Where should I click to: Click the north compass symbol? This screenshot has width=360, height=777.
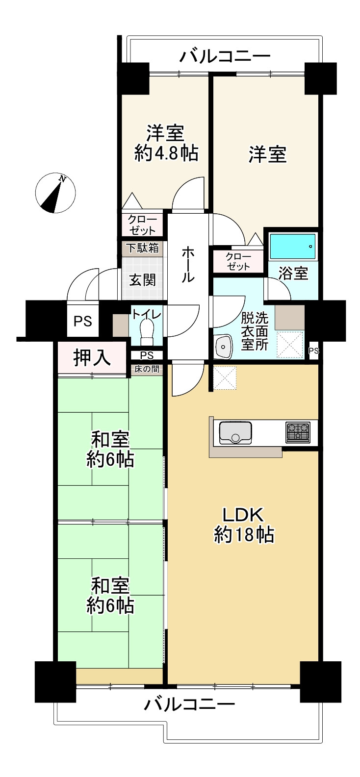click(x=55, y=193)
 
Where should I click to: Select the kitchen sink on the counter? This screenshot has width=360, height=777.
click(x=235, y=432)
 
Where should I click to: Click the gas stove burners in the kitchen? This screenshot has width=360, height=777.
click(x=298, y=432)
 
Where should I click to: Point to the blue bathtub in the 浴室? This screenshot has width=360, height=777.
click(x=293, y=246)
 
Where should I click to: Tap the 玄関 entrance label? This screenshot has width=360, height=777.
click(x=143, y=280)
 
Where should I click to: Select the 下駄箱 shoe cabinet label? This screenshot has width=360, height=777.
click(x=142, y=248)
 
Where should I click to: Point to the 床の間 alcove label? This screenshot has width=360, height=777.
click(x=147, y=369)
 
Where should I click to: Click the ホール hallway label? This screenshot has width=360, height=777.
click(x=187, y=264)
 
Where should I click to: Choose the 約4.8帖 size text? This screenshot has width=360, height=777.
click(x=166, y=153)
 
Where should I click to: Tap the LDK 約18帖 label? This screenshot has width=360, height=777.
click(x=244, y=525)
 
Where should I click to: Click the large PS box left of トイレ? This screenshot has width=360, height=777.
click(x=82, y=321)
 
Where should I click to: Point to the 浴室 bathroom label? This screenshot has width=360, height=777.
click(x=293, y=274)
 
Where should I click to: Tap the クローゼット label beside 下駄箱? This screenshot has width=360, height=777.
click(x=142, y=225)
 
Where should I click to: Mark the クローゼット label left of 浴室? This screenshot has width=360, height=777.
click(x=238, y=262)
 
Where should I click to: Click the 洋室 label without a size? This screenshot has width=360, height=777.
click(x=267, y=154)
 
